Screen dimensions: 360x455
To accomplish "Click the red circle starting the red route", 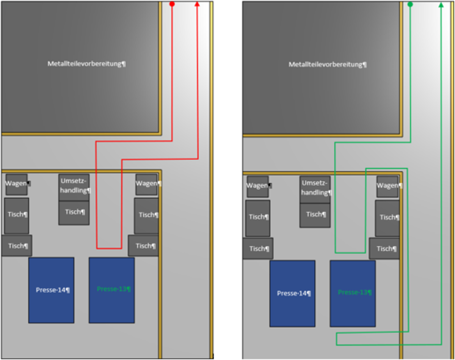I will [x=172, y=4].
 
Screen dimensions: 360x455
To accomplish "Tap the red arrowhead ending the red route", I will [x=197, y=4].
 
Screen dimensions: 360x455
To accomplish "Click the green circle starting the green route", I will [x=410, y=5].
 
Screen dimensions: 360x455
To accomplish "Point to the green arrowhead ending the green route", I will [x=441, y=5].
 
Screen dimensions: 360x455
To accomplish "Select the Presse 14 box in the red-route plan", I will [x=51, y=290].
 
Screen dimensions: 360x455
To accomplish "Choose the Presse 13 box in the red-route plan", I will [x=112, y=290].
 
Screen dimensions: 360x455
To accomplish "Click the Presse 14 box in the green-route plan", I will [x=292, y=293].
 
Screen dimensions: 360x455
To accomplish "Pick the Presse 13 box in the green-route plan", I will [x=353, y=293].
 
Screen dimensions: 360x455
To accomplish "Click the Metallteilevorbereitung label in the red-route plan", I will [x=86, y=64].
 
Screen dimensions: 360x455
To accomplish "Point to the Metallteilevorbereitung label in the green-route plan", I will [x=328, y=64].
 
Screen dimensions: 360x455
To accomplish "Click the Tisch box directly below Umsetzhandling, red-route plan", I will [x=74, y=212].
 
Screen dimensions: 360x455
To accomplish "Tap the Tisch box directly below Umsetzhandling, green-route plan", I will [x=315, y=215].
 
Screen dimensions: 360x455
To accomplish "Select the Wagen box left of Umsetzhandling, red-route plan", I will [x=17, y=184].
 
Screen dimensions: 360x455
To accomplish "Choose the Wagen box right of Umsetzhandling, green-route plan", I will [x=388, y=186].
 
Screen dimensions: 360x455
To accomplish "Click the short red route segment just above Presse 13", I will [x=109, y=248].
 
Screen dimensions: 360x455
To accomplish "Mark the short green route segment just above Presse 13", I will [x=350, y=253].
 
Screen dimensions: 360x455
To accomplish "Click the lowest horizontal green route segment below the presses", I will [x=389, y=345].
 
